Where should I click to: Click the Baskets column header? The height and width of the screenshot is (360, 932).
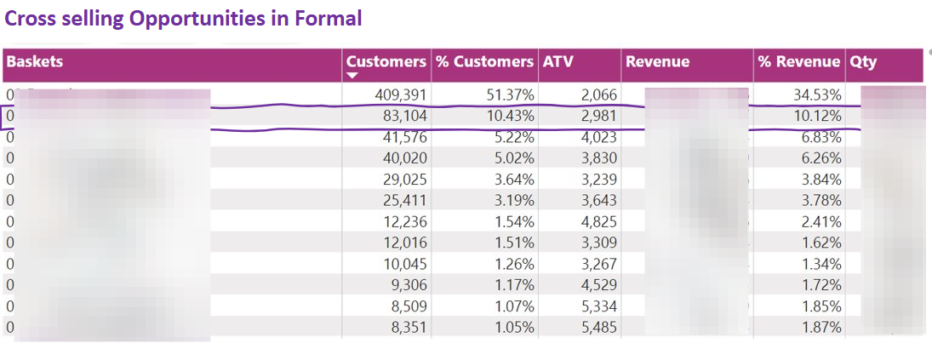click(x=35, y=61)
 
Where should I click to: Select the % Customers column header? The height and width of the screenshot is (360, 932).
click(x=484, y=61)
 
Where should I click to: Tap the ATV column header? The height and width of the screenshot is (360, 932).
click(x=558, y=61)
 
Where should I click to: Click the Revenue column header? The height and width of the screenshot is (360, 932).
click(x=657, y=61)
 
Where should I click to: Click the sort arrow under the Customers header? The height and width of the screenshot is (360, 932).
click(x=352, y=76)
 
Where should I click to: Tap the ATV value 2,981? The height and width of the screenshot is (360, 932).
click(x=598, y=116)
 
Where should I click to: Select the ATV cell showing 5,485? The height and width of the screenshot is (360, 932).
click(x=598, y=328)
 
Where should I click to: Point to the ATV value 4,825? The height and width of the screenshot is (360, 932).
click(x=598, y=221)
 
